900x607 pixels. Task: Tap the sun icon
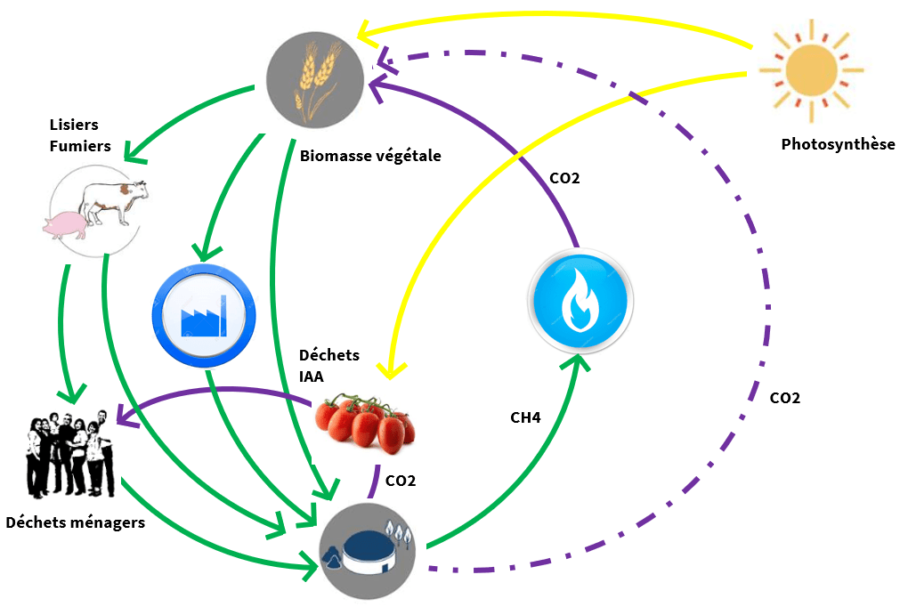(x=810, y=71)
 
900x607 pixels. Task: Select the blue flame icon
(x=581, y=299)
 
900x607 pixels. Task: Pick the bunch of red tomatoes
(x=366, y=423)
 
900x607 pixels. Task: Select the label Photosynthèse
(x=838, y=144)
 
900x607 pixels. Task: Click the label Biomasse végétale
(x=370, y=156)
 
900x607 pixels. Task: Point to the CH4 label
(x=525, y=417)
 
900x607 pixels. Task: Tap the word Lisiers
(x=74, y=125)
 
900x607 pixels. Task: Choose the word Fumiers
(x=79, y=145)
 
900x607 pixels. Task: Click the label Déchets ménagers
(x=75, y=522)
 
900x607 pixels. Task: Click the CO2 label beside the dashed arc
(x=784, y=398)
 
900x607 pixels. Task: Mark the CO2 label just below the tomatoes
(x=400, y=481)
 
